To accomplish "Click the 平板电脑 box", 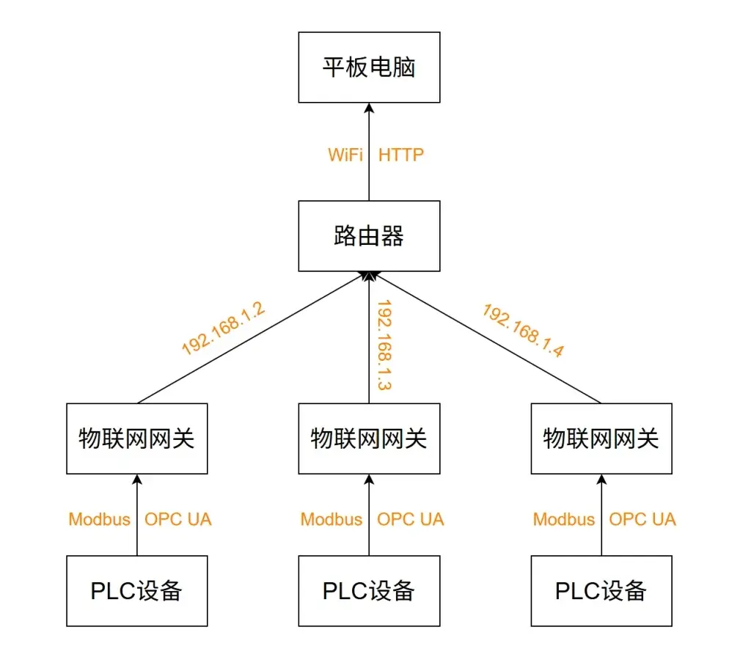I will click(x=369, y=67).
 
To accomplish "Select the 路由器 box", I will click(x=369, y=236).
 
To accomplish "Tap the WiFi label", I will click(x=345, y=155).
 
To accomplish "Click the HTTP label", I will click(x=401, y=155).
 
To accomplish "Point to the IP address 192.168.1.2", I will click(x=223, y=329).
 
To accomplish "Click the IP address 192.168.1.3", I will click(x=383, y=345).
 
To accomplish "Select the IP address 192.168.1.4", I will click(x=522, y=330).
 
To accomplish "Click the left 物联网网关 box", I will click(x=137, y=439).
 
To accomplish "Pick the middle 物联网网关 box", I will click(x=369, y=439).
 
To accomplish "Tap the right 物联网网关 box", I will click(x=601, y=439).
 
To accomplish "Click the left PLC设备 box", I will click(x=137, y=591).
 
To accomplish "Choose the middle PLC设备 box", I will click(x=369, y=591).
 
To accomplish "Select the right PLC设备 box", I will click(x=601, y=591).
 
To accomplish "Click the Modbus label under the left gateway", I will click(x=100, y=519).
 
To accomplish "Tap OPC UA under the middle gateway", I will click(x=410, y=519).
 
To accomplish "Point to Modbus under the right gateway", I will click(x=564, y=519).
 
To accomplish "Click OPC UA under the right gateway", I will click(x=642, y=519).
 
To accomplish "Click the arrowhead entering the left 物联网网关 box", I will click(x=137, y=479).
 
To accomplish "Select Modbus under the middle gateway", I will click(x=331, y=519).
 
